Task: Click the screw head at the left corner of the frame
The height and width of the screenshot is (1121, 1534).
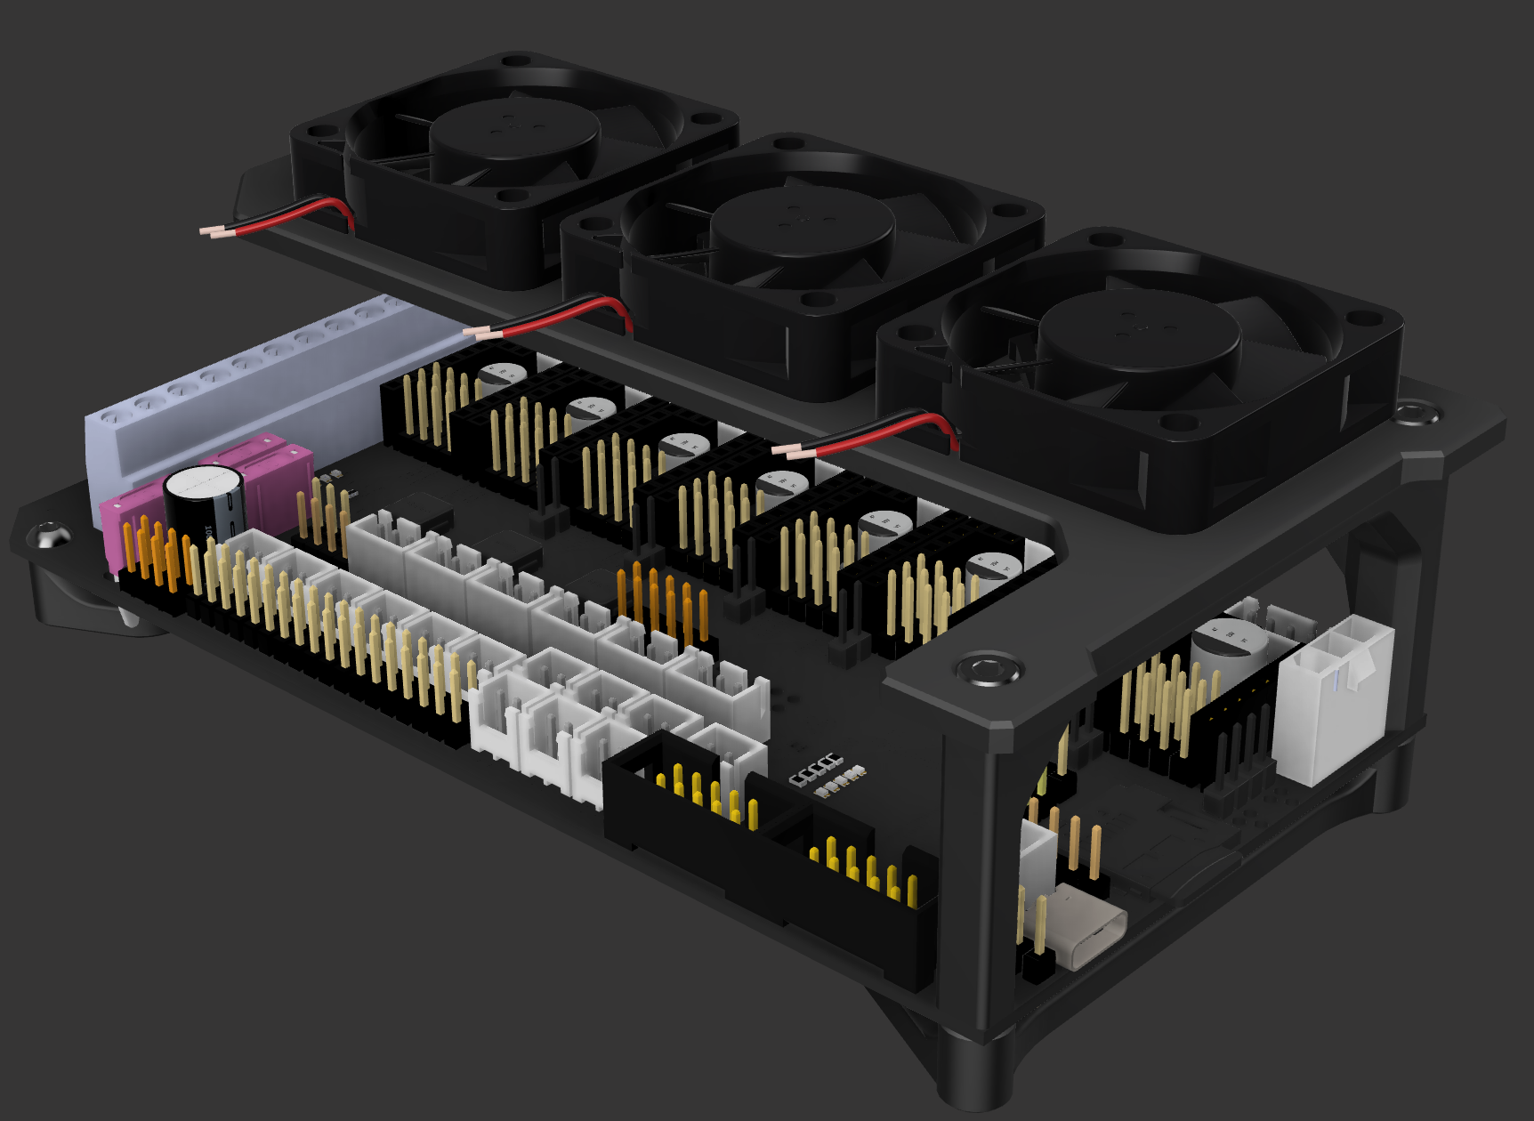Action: (x=49, y=536)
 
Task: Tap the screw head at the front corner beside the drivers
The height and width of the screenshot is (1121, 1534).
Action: (x=987, y=669)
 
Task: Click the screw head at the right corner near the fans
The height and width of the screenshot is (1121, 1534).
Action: (x=1414, y=412)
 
